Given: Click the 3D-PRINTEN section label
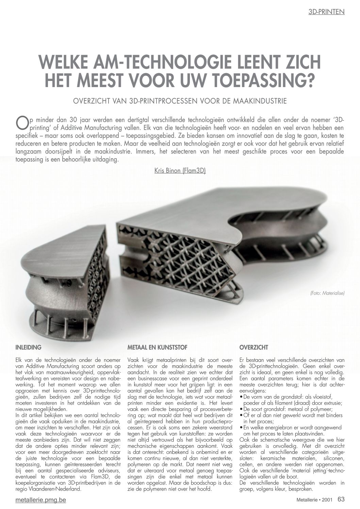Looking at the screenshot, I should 326,12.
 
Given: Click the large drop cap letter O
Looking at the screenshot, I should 21,123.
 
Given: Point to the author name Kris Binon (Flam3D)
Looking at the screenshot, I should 180,171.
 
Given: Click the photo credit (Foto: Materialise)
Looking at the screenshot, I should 327,292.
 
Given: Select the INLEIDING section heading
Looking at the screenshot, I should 29,347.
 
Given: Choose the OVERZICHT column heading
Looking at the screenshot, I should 253,347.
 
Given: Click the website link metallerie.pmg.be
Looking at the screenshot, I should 41,500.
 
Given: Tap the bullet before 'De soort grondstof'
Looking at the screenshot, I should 241,409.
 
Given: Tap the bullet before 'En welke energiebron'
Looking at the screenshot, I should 241,427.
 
